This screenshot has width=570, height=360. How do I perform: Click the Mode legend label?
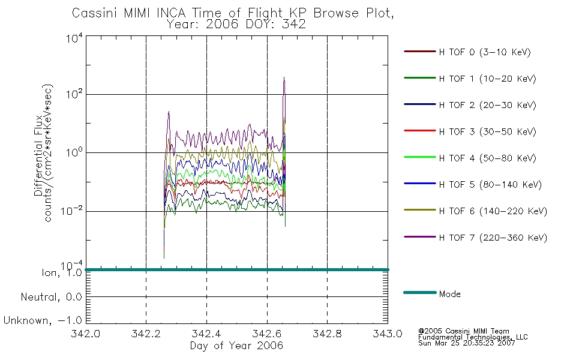point(449,294)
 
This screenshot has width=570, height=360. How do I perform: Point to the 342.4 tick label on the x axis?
point(206,334)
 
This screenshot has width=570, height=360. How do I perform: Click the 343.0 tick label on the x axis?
point(388,334)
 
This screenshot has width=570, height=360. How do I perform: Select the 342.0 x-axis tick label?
point(85,334)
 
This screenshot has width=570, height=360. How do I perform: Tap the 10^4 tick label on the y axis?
point(74,38)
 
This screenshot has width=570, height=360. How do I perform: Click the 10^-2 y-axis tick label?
point(72,211)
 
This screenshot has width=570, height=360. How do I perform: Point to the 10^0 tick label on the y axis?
point(74,152)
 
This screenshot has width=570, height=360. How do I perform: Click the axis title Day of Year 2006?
point(236,346)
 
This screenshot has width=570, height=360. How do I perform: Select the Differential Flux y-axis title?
point(38,155)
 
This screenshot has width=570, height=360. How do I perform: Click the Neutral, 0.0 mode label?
point(51,297)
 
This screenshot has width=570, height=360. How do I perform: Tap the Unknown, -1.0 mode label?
point(43,320)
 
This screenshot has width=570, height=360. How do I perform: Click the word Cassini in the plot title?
point(95,13)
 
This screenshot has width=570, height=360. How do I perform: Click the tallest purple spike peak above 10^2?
point(284,77)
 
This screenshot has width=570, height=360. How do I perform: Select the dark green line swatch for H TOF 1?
point(420,78)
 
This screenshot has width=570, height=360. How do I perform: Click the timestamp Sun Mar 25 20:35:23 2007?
point(466,343)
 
